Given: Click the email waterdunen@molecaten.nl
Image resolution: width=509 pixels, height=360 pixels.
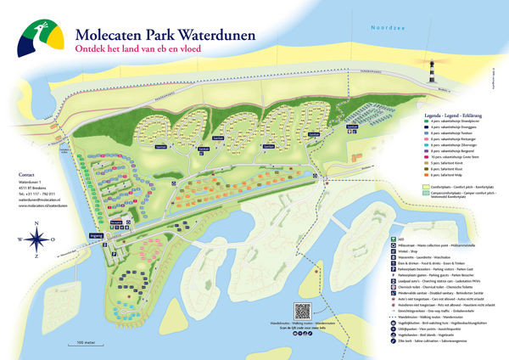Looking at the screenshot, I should tap(42, 199).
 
